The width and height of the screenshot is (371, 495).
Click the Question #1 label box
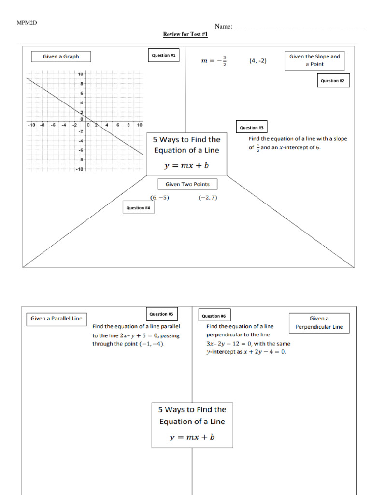(164, 56)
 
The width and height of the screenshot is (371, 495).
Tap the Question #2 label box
(332, 81)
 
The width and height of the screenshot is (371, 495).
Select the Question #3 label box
(251, 128)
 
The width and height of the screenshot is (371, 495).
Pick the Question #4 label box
(138, 208)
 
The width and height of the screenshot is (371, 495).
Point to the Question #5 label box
(161, 314)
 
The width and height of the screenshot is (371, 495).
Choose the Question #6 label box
(214, 316)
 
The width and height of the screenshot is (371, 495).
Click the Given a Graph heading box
(61, 57)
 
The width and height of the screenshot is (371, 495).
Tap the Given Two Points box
(187, 184)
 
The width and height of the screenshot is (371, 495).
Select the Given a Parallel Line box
(57, 319)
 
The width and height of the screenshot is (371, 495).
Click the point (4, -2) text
(258, 61)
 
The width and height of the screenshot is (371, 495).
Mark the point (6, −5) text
(159, 198)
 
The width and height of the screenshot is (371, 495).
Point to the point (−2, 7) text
(208, 198)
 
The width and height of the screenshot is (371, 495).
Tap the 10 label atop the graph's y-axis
(81, 74)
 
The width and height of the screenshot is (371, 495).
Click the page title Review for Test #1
(185, 35)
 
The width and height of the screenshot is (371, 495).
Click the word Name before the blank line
(224, 27)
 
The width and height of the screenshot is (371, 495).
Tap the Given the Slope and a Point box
(314, 60)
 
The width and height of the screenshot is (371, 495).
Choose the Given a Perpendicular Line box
(319, 323)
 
